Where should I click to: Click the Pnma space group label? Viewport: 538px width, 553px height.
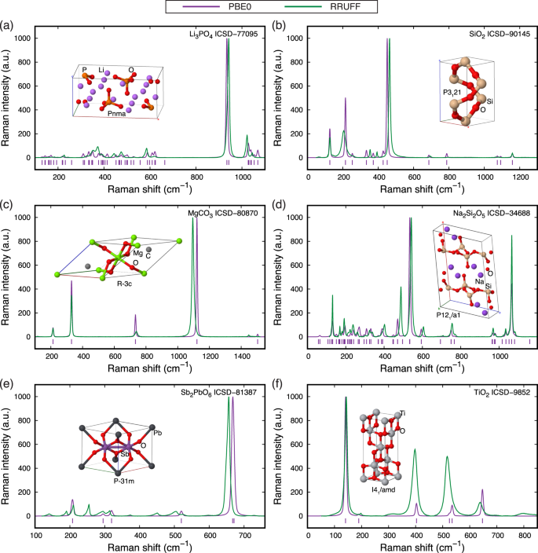pos(118,113)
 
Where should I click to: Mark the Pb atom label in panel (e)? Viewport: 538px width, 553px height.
pos(158,433)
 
